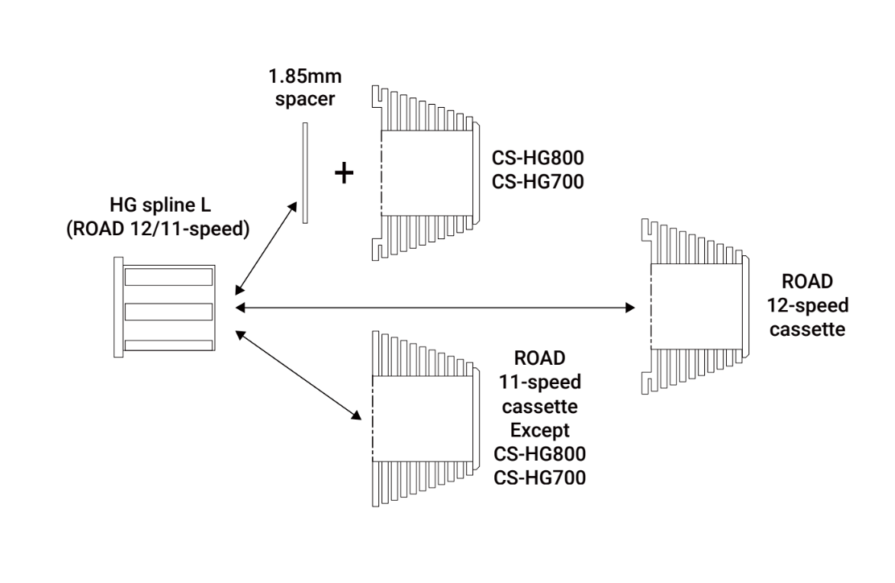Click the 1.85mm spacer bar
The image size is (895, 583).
[305, 173]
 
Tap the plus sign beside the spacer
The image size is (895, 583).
[344, 173]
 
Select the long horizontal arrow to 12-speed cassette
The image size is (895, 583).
[435, 307]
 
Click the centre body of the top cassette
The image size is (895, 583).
[424, 172]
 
